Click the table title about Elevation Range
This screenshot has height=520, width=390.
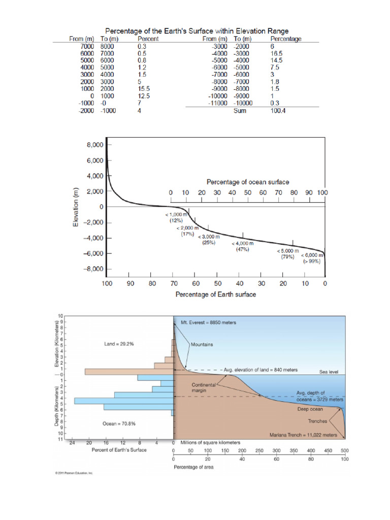pyautogui.click(x=197, y=31)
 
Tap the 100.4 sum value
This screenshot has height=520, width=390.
pyautogui.click(x=278, y=111)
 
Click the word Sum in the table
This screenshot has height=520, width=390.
pyautogui.click(x=240, y=111)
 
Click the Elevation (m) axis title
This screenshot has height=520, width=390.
pyautogui.click(x=76, y=207)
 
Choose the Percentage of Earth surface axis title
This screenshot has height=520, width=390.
pyautogui.click(x=216, y=295)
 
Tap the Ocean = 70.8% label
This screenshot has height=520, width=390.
pyautogui.click(x=119, y=423)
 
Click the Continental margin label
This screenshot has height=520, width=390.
pyautogui.click(x=204, y=388)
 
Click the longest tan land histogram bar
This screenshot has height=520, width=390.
pyautogui.click(x=129, y=372)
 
